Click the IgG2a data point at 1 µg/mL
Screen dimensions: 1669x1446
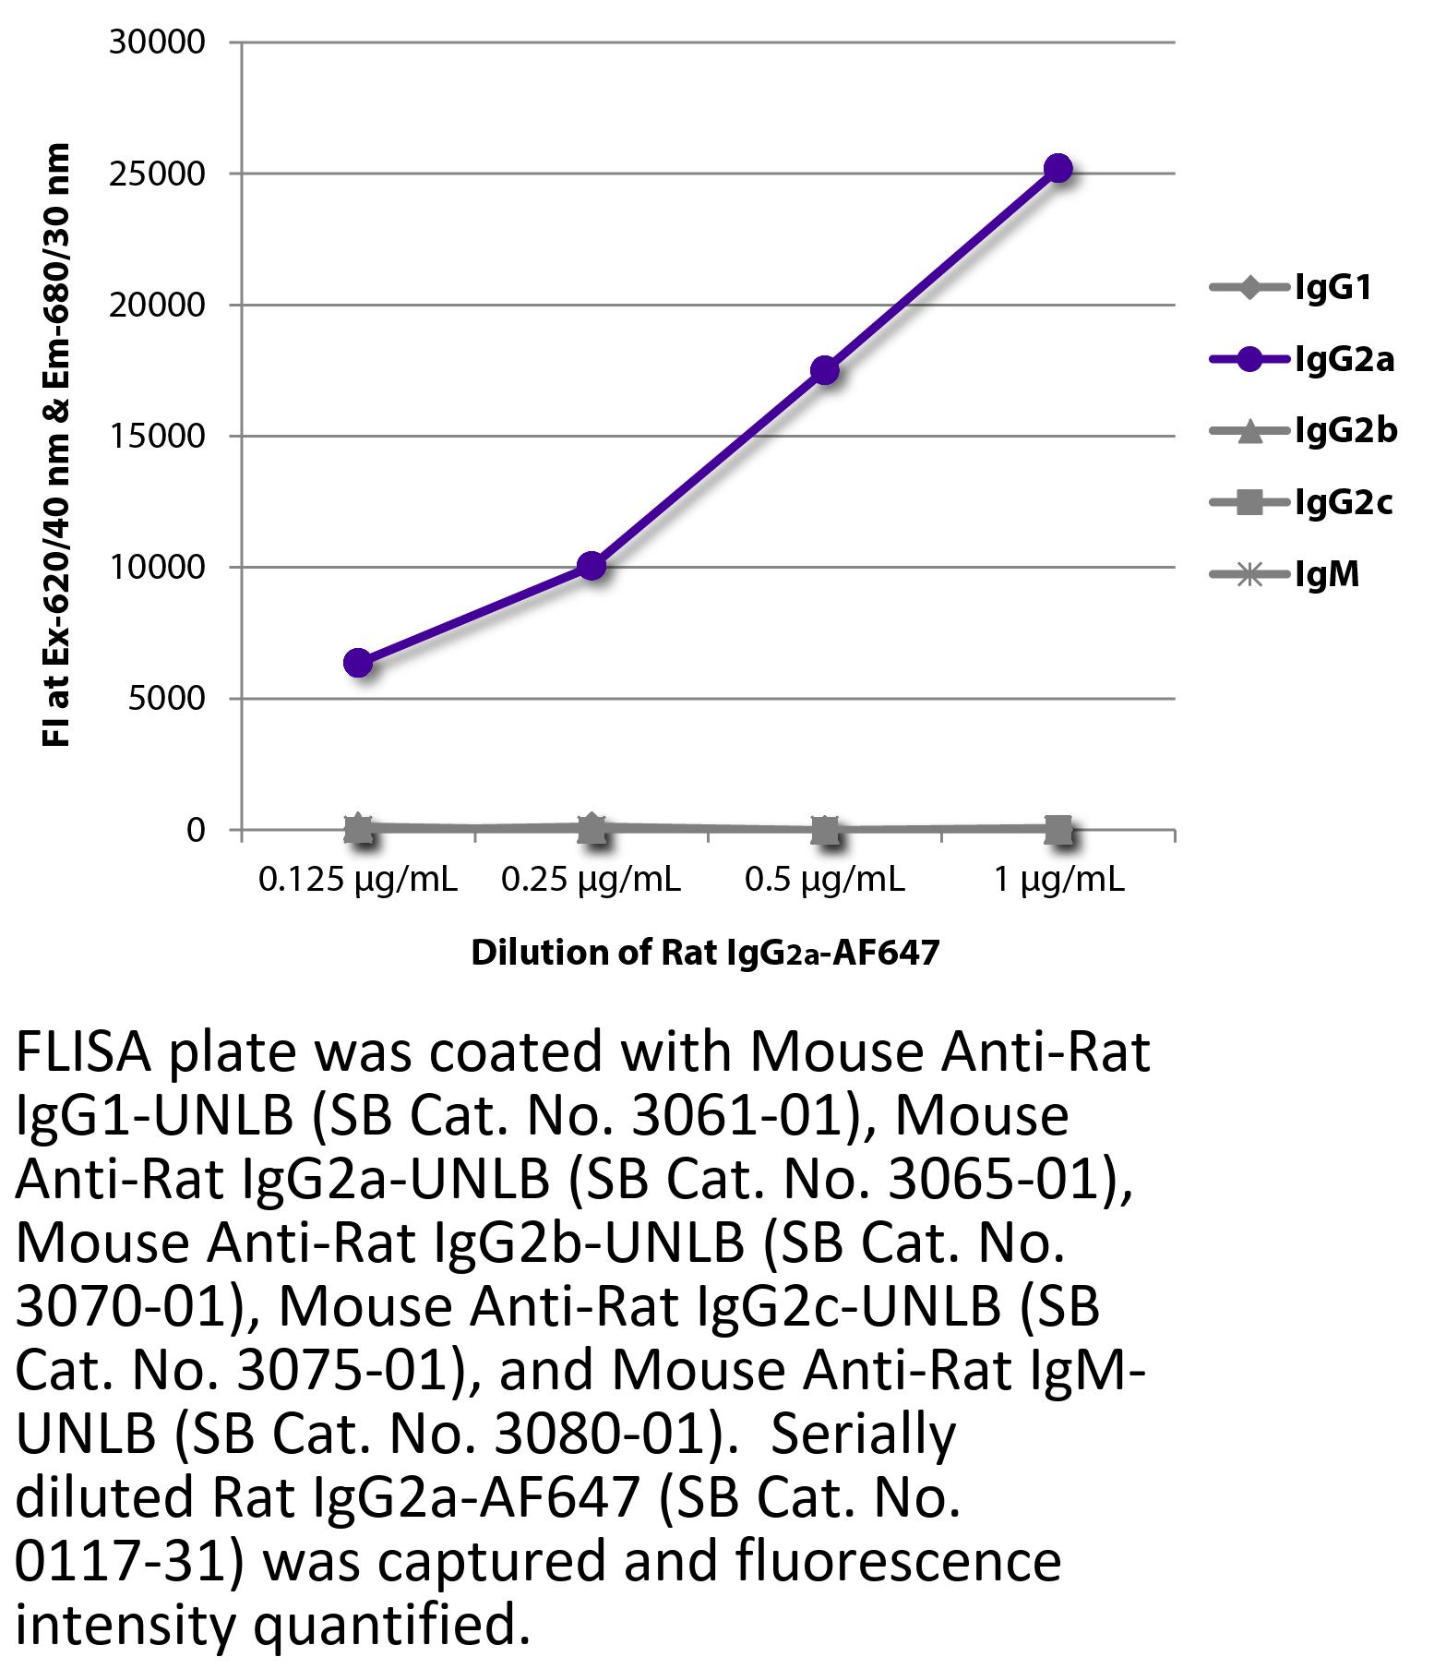pyautogui.click(x=1058, y=169)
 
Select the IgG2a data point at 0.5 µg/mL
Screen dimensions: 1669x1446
pyautogui.click(x=825, y=370)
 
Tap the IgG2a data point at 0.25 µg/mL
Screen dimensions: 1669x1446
pyautogui.click(x=592, y=566)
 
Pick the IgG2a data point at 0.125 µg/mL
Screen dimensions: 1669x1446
pyautogui.click(x=358, y=663)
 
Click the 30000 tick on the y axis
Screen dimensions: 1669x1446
pyautogui.click(x=157, y=42)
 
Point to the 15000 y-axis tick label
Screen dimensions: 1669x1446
pyautogui.click(x=157, y=437)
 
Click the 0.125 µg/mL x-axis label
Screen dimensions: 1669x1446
pyautogui.click(x=358, y=881)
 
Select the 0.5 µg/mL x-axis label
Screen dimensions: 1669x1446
pyautogui.click(x=825, y=881)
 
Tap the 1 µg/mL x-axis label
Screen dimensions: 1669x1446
pyautogui.click(x=1058, y=881)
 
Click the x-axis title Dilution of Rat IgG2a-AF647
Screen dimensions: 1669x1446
pyautogui.click(x=705, y=953)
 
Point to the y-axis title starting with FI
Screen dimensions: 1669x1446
pyautogui.click(x=56, y=444)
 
